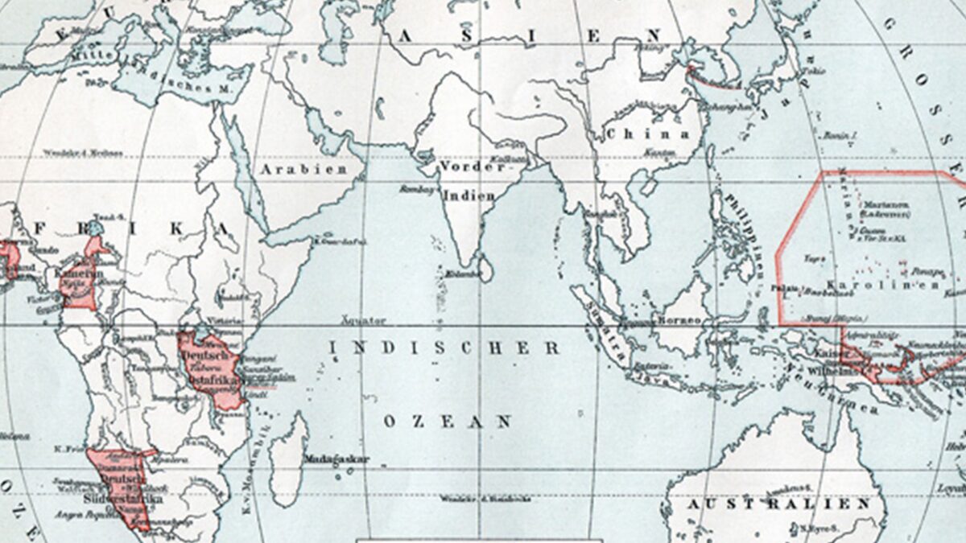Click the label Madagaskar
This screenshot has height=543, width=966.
(336, 459)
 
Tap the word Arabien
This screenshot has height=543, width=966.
(303, 169)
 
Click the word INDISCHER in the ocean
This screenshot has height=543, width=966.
(444, 348)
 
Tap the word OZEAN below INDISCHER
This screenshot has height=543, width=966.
(448, 421)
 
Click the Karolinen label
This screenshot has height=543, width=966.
(881, 285)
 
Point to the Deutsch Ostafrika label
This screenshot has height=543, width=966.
(208, 362)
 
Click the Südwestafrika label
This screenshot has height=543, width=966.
(130, 498)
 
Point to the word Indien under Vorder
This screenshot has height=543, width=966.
(469, 195)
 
